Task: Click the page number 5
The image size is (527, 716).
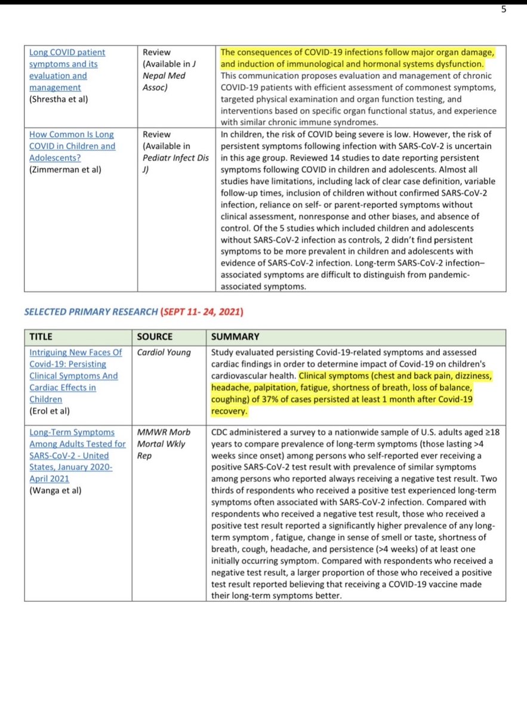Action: click(504, 9)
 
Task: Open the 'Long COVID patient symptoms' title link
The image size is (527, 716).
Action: click(63, 69)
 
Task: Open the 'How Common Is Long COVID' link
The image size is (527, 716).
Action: click(72, 146)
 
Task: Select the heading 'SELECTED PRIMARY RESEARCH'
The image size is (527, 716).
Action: click(91, 312)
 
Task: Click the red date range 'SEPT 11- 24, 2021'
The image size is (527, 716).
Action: click(201, 312)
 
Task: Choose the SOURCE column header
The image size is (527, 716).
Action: click(155, 337)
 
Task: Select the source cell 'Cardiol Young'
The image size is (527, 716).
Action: click(164, 352)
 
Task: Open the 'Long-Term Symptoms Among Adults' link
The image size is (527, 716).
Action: click(77, 455)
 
